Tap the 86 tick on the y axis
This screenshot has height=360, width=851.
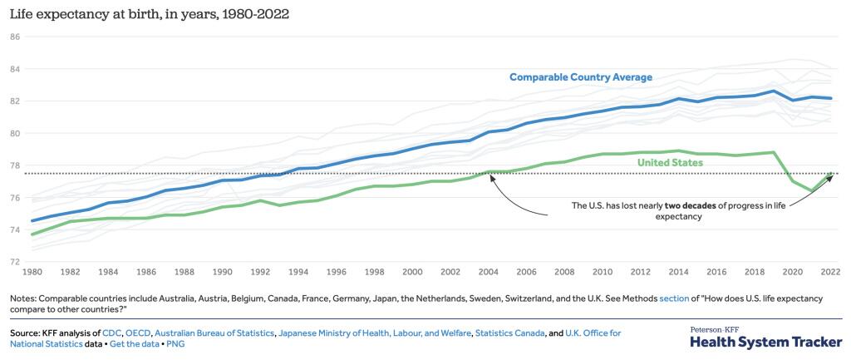click(x=14, y=37)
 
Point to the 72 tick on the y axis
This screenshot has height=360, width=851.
click(x=14, y=262)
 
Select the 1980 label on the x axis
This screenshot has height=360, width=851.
click(x=33, y=273)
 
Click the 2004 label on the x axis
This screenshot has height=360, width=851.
click(x=489, y=273)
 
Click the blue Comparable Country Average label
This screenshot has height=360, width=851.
click(x=580, y=77)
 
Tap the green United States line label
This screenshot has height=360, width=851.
click(x=670, y=162)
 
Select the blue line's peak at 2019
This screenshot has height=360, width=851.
click(x=774, y=91)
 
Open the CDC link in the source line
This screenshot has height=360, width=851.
click(x=111, y=333)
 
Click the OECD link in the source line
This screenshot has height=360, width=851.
click(x=138, y=333)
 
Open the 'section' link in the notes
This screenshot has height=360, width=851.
click(x=674, y=298)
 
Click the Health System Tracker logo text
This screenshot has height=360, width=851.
click(x=765, y=342)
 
